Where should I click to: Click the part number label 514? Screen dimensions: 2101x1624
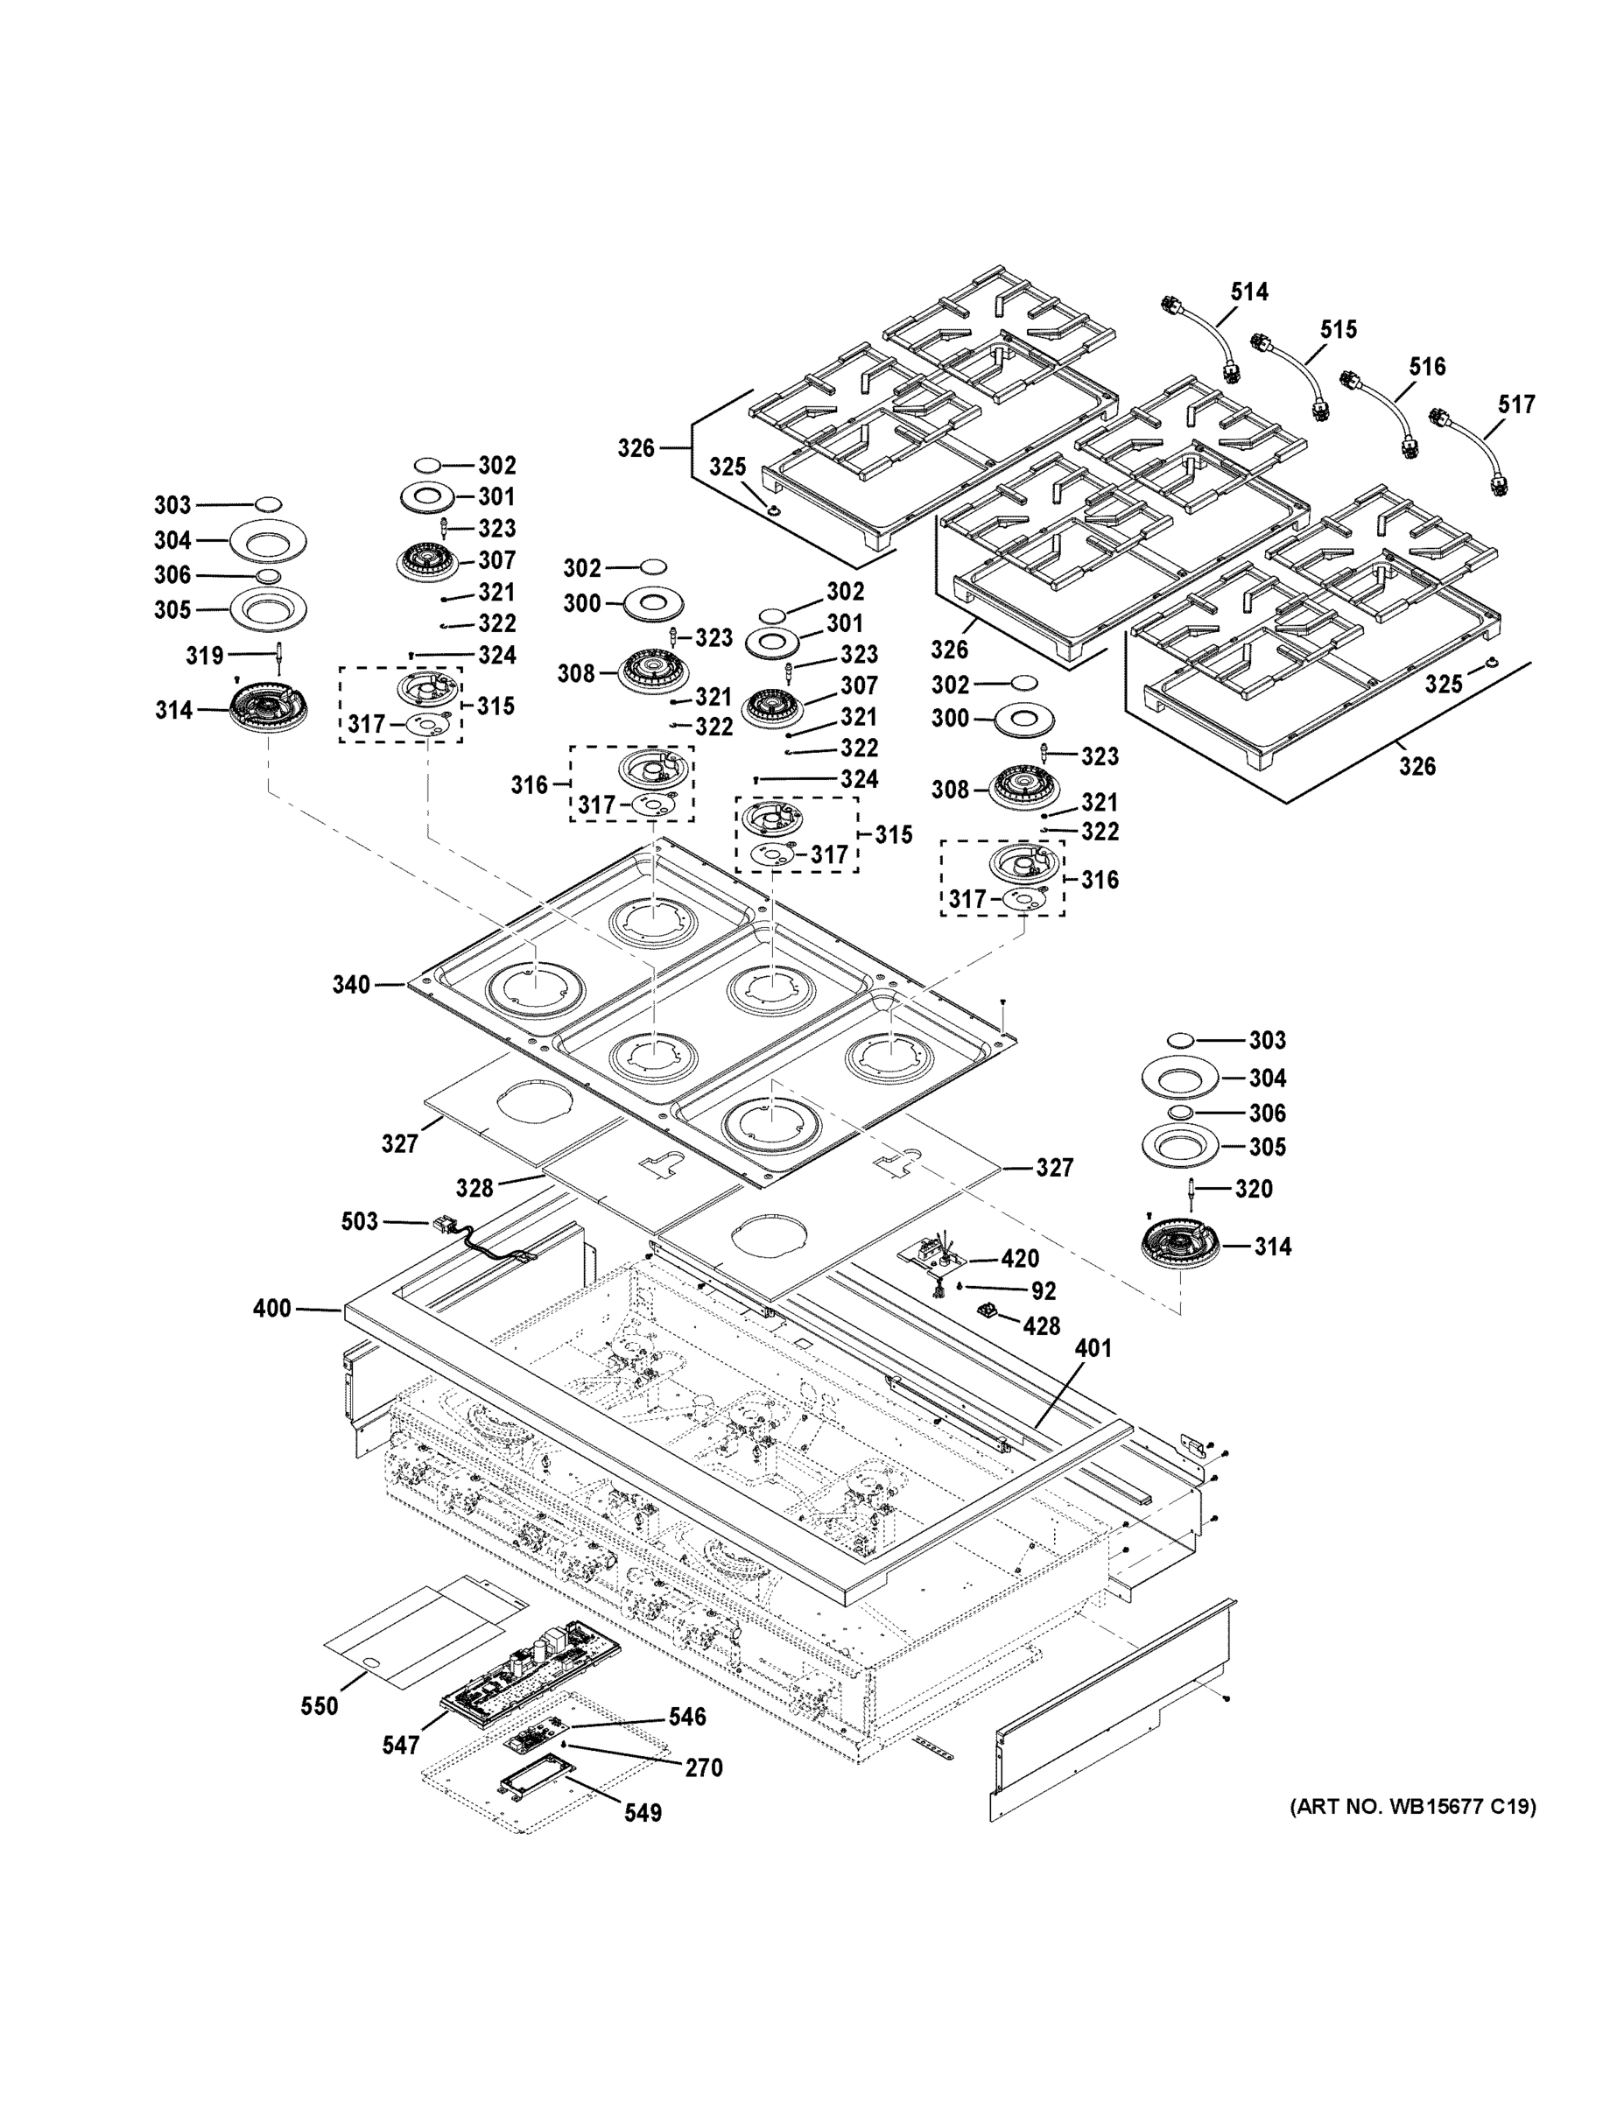[1248, 292]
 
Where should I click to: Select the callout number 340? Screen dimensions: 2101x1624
[351, 984]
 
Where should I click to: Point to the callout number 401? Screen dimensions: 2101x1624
[1093, 1348]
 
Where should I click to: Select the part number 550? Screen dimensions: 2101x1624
[319, 1705]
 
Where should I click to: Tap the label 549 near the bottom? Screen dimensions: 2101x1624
[642, 1812]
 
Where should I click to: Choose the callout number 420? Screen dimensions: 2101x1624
[1020, 1258]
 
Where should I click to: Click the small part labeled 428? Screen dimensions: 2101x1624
[986, 1310]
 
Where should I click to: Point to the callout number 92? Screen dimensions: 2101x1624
[1043, 1291]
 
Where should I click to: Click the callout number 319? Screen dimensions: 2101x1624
[204, 656]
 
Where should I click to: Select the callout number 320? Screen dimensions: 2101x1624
[1254, 1189]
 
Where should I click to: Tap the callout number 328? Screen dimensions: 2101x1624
[475, 1188]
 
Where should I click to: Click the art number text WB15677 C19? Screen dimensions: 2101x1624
[1412, 1807]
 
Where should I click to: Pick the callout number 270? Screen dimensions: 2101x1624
[703, 1767]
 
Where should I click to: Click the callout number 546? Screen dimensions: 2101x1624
[688, 1716]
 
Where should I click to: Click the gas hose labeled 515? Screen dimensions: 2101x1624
[1295, 376]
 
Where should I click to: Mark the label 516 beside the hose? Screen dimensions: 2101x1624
[1427, 367]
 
